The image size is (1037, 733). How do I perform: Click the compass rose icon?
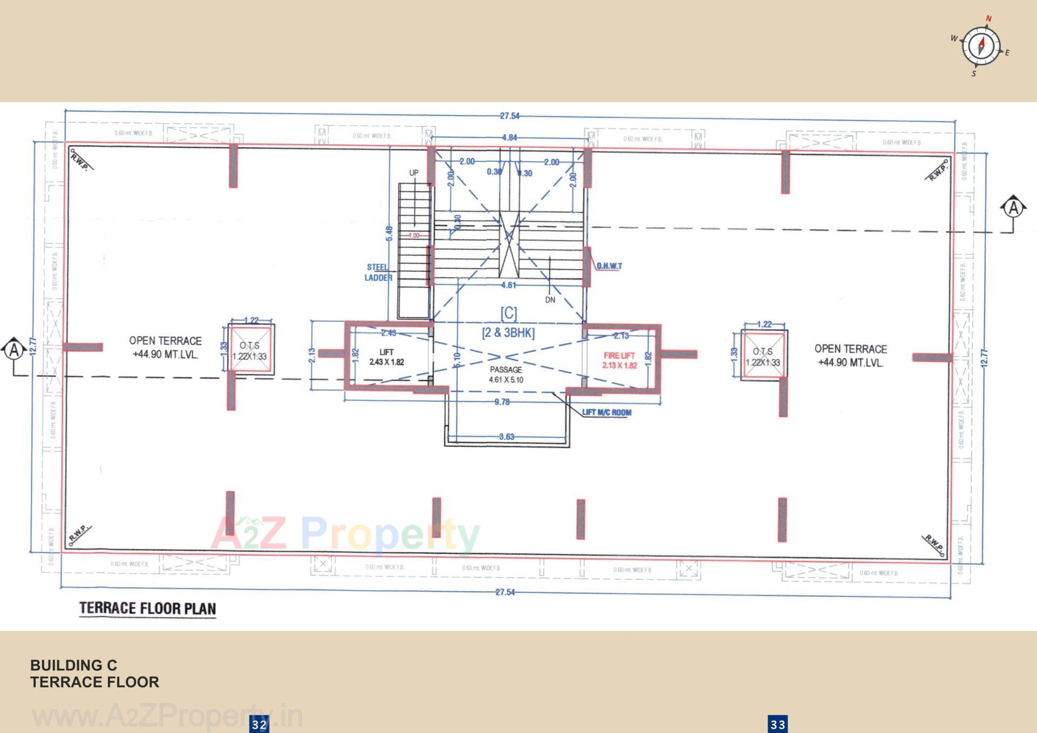point(981,46)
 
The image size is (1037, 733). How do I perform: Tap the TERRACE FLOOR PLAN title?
point(147,608)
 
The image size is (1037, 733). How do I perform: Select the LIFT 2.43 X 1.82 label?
point(387,357)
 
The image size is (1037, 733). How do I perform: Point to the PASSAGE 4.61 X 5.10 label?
point(506,375)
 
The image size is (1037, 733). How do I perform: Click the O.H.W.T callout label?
point(609,266)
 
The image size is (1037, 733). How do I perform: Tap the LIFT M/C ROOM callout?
point(607,412)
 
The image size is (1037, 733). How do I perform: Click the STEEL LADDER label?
point(378,273)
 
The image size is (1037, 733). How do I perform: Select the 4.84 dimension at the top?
point(509,138)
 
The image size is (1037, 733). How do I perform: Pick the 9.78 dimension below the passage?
point(502,402)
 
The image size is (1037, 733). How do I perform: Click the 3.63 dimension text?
point(507,437)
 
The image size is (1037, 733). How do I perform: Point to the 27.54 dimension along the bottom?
point(505,592)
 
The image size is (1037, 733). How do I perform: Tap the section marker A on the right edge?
point(1014,208)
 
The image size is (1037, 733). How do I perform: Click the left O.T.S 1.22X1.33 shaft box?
point(250,350)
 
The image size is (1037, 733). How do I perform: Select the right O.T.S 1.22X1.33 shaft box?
point(763,356)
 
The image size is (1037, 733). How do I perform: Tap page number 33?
point(778,724)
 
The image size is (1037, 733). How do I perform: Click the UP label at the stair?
point(414,173)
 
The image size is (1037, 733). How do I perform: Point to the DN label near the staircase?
point(550,300)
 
